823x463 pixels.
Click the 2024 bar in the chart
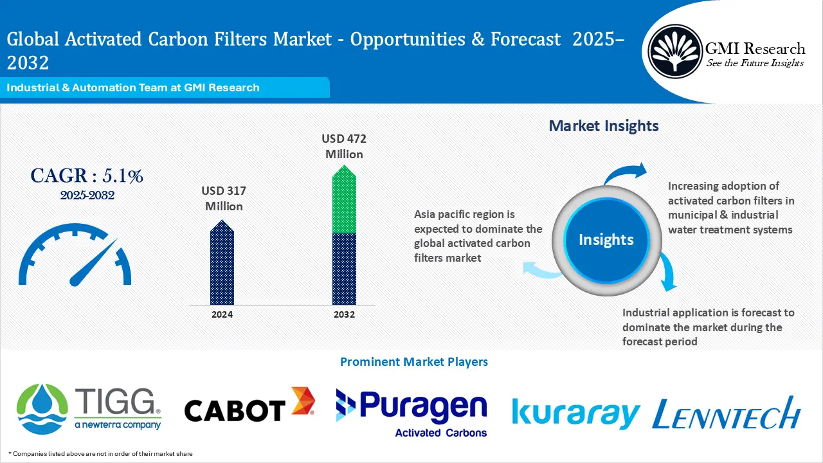(222, 264)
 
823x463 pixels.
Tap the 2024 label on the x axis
(222, 314)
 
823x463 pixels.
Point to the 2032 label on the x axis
(344, 314)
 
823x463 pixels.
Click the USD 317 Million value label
(223, 199)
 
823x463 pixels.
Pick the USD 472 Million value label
(344, 146)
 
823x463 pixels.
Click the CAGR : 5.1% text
(87, 176)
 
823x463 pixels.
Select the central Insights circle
(606, 240)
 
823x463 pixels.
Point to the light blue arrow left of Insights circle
(540, 269)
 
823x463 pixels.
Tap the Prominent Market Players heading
(413, 361)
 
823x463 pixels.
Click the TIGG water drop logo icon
(42, 406)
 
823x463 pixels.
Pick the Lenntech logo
(726, 413)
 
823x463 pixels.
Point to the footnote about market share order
(100, 454)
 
